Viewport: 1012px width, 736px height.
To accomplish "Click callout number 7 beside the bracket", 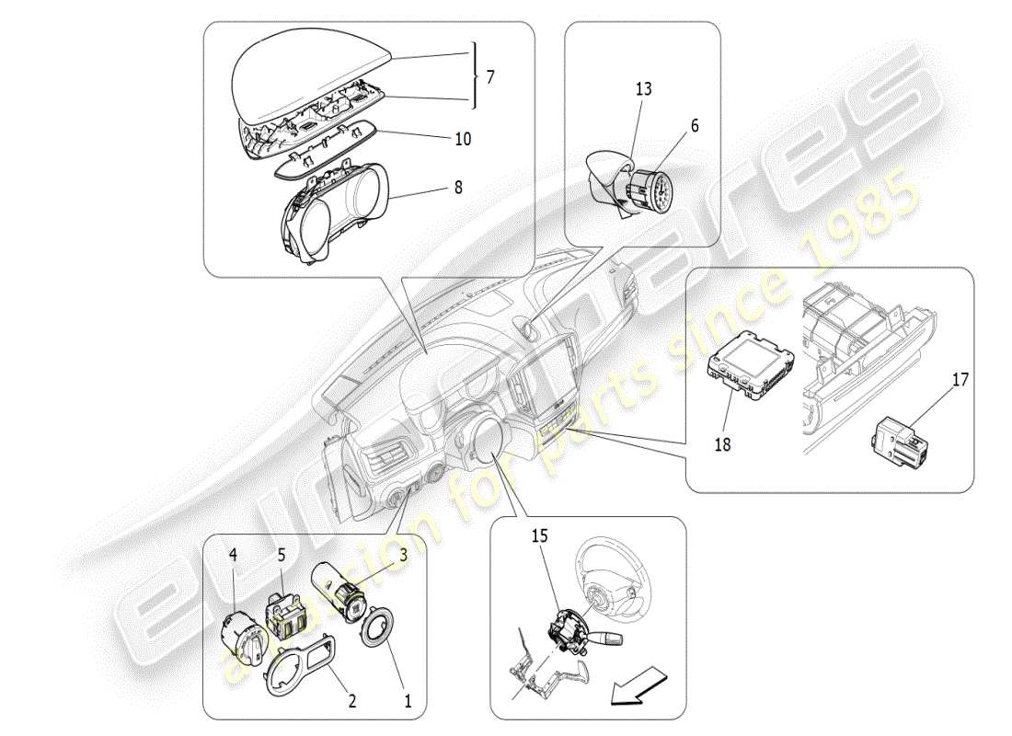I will tap(489, 76).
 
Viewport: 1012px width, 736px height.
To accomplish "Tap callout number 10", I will tap(463, 139).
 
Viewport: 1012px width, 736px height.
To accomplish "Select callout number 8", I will tap(457, 187).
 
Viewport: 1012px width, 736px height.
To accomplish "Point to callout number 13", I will tap(643, 88).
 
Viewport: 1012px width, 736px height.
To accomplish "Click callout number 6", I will tap(695, 125).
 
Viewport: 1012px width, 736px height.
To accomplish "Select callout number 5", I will tap(282, 555).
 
